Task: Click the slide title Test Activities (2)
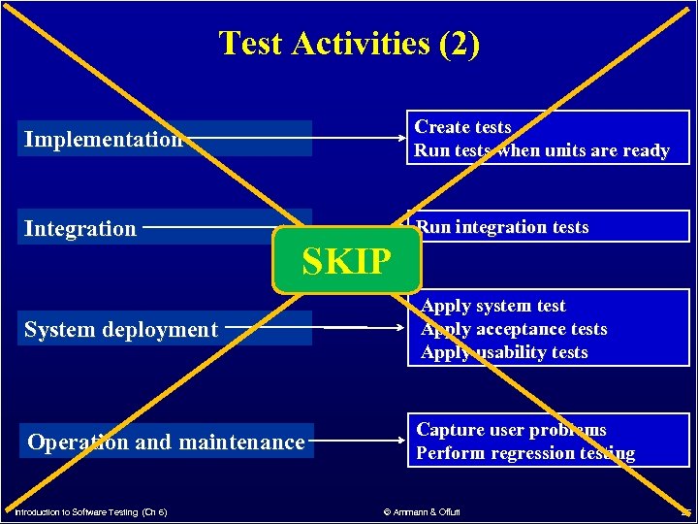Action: [x=349, y=44]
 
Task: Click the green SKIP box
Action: [x=347, y=261]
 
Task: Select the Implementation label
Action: [x=104, y=139]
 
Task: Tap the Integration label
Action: [x=80, y=229]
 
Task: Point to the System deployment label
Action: [x=121, y=330]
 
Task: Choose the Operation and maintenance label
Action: [x=166, y=442]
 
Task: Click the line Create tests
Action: [x=462, y=127]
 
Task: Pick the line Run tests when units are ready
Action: [x=542, y=150]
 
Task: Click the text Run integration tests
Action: [x=502, y=227]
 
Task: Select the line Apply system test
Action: [x=493, y=306]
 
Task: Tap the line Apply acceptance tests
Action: [x=514, y=329]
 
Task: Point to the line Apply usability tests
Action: [x=504, y=352]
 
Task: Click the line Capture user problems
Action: [x=511, y=430]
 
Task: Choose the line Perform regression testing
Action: [x=525, y=453]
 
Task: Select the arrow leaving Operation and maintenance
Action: [x=359, y=442]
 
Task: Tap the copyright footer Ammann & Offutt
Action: [x=422, y=511]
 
